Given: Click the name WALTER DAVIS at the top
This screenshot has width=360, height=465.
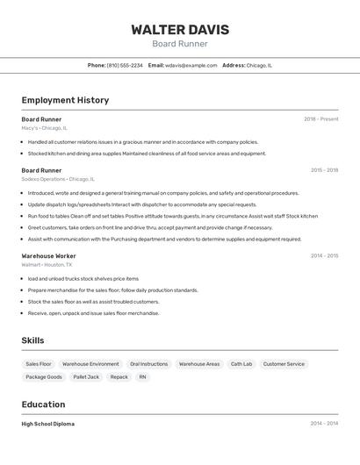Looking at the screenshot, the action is click(180, 30).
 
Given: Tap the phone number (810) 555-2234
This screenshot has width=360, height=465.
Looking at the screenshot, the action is click(125, 65).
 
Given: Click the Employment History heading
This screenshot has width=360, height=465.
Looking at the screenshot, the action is click(65, 100).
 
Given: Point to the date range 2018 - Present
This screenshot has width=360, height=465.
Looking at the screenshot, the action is click(321, 118).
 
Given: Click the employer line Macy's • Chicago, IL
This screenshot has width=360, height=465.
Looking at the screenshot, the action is click(44, 128).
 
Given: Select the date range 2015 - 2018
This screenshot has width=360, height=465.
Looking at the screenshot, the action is click(324, 169).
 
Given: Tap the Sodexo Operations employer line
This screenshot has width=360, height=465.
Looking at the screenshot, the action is click(58, 179).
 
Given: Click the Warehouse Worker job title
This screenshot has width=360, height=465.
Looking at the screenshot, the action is click(48, 255).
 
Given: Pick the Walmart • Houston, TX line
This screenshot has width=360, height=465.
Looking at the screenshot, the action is click(47, 264).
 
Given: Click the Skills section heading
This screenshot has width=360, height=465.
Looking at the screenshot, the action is click(32, 340).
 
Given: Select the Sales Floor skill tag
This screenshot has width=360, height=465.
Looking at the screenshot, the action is click(39, 364).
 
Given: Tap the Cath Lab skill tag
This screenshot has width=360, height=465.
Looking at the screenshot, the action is click(241, 364).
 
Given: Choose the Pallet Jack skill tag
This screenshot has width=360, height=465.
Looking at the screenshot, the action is click(86, 377).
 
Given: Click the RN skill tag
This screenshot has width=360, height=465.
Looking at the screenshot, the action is click(142, 377).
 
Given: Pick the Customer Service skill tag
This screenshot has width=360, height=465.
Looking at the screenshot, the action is click(284, 364).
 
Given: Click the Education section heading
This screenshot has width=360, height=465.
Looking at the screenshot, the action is click(43, 404).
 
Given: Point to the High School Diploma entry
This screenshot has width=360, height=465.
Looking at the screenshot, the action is click(48, 424).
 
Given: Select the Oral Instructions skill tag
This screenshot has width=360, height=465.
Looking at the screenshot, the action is click(148, 364).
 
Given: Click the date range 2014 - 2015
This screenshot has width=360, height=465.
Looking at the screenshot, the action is click(324, 255).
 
